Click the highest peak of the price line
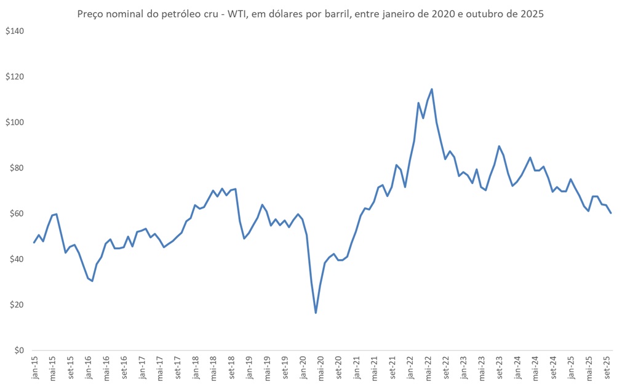click(432, 89)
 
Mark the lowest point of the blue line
click(316, 313)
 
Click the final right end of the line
click(611, 213)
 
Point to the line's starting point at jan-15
click(34, 242)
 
